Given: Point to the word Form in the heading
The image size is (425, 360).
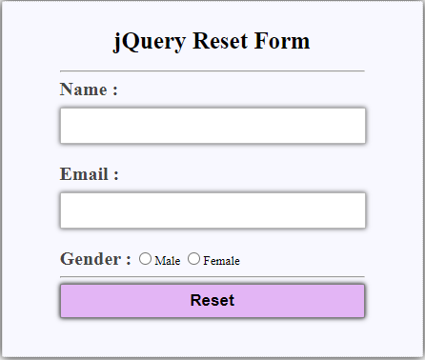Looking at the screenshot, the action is [x=285, y=42].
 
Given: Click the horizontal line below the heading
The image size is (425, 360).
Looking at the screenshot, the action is [x=212, y=70].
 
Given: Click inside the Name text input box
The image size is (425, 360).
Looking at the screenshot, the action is [x=212, y=126].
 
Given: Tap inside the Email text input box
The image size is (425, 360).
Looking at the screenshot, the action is [x=212, y=210].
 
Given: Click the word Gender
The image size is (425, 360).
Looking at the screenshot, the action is [x=91, y=259].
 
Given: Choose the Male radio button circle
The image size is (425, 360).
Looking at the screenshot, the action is [x=145, y=258].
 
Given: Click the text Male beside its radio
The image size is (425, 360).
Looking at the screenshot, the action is [x=167, y=261].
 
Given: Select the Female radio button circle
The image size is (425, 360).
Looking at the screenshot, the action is [x=193, y=258].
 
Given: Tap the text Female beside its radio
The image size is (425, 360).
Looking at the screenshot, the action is [x=221, y=261].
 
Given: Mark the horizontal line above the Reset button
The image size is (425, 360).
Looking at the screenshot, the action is [x=212, y=277].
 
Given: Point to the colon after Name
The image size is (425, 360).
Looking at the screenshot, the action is [x=114, y=91].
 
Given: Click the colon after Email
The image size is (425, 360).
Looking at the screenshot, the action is [x=115, y=176].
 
